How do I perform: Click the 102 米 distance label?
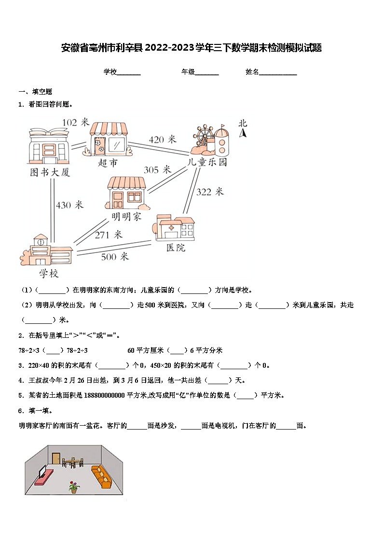[76, 122]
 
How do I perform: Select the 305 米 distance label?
[157, 169]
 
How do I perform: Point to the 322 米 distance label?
[210, 192]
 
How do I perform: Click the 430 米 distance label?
[69, 205]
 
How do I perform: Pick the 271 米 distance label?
[109, 235]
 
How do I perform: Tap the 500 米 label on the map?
[115, 257]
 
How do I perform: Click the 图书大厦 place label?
[50, 172]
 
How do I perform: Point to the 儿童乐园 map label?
[207, 162]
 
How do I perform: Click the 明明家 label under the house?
[126, 217]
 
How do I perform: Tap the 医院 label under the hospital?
[176, 248]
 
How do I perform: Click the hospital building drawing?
[175, 227]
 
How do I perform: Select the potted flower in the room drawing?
[73, 486]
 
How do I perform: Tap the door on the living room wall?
[56, 459]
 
